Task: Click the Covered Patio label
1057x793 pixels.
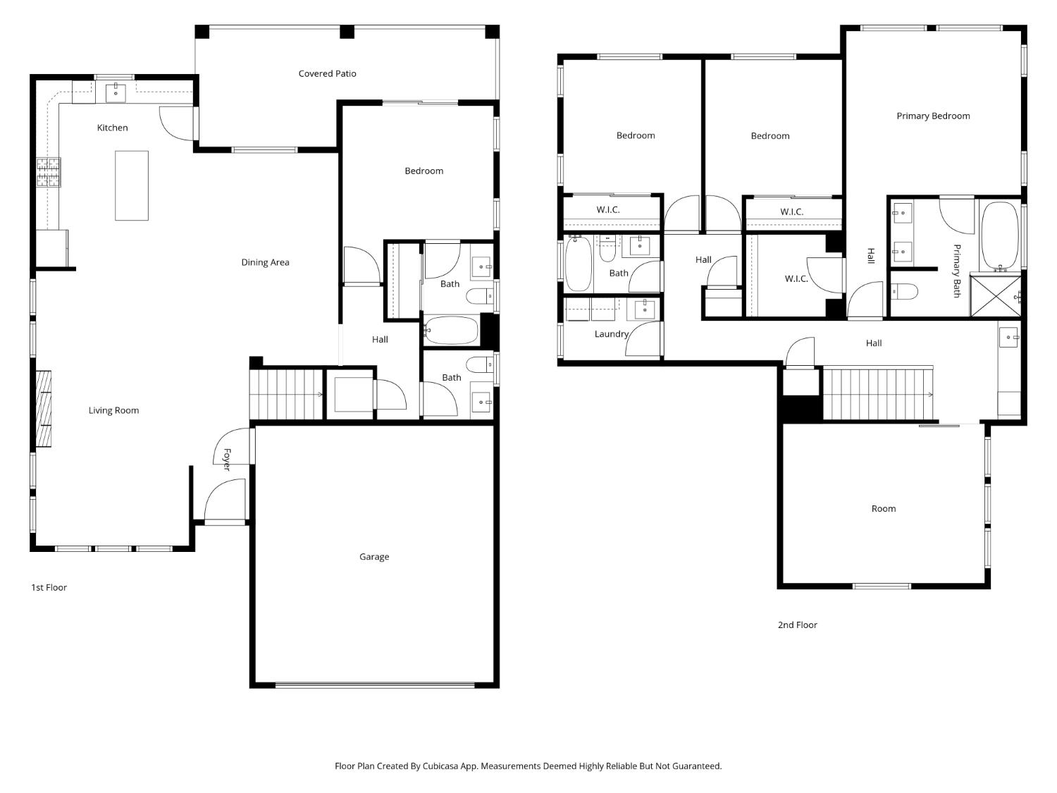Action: tap(327, 74)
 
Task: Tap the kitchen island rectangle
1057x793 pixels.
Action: tap(132, 185)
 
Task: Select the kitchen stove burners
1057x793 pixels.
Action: tap(49, 172)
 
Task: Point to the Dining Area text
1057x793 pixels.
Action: tap(265, 262)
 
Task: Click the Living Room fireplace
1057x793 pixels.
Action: tap(44, 409)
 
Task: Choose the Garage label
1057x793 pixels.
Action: tap(374, 557)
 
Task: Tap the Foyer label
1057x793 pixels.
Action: tap(227, 460)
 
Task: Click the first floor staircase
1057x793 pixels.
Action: tap(286, 394)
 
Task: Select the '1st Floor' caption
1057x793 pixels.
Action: tap(49, 587)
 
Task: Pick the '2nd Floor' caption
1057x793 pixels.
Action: tap(798, 625)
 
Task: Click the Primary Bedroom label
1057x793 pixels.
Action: tap(933, 116)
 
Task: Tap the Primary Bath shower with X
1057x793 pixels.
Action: tap(995, 296)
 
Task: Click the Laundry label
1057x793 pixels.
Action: tap(611, 334)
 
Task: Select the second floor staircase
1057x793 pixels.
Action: tap(878, 393)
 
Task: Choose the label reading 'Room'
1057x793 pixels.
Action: tap(884, 509)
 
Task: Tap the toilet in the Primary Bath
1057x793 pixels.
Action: tap(904, 292)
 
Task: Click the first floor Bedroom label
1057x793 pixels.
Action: tap(424, 171)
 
